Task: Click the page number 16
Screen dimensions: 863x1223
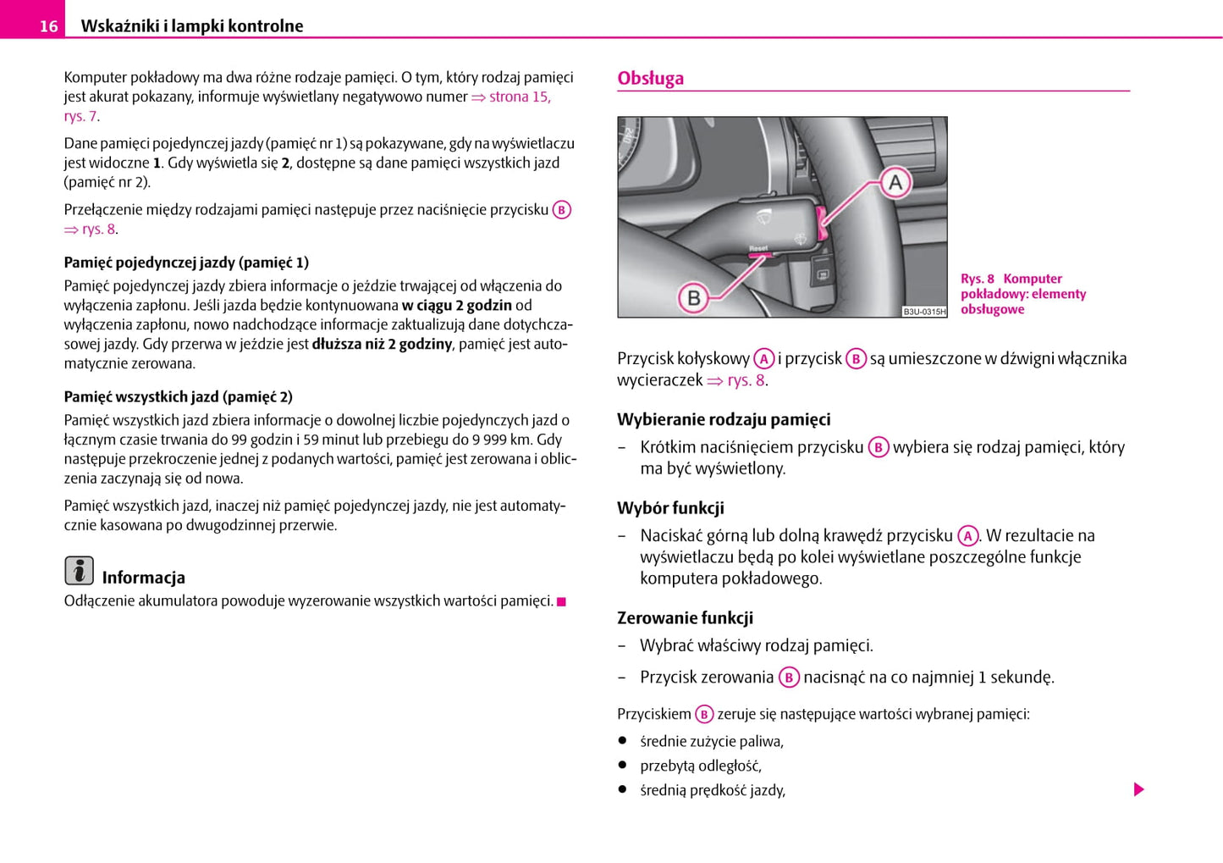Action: (x=48, y=26)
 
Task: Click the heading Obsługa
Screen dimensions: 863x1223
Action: (x=650, y=78)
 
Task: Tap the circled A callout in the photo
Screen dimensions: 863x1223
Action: (x=895, y=183)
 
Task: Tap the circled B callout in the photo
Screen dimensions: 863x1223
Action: (x=693, y=297)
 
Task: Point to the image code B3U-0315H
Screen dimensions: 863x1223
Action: (x=923, y=312)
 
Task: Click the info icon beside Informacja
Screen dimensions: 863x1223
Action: (x=79, y=571)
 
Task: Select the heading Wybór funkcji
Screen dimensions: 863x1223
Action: (x=670, y=508)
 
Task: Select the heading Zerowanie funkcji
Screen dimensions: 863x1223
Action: (x=685, y=617)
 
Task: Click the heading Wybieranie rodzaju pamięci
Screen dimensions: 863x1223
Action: (x=724, y=419)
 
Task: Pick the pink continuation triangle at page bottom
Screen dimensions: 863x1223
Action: (x=1138, y=789)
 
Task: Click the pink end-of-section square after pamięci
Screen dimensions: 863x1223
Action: (x=561, y=601)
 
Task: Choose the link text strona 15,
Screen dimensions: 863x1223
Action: (x=520, y=97)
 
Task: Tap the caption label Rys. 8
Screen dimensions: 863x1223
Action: (x=977, y=279)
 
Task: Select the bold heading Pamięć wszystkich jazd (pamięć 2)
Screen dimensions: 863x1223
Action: (x=178, y=396)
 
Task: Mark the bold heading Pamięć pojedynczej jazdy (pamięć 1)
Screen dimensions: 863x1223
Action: (x=186, y=263)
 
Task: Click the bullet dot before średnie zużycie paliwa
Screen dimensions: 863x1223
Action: (x=622, y=740)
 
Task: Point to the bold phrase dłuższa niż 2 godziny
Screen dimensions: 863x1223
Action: (x=382, y=344)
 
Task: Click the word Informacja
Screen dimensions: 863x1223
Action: (x=143, y=578)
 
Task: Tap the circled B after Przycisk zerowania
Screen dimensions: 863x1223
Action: (x=789, y=678)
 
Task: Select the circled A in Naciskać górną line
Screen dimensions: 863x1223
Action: (x=967, y=536)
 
